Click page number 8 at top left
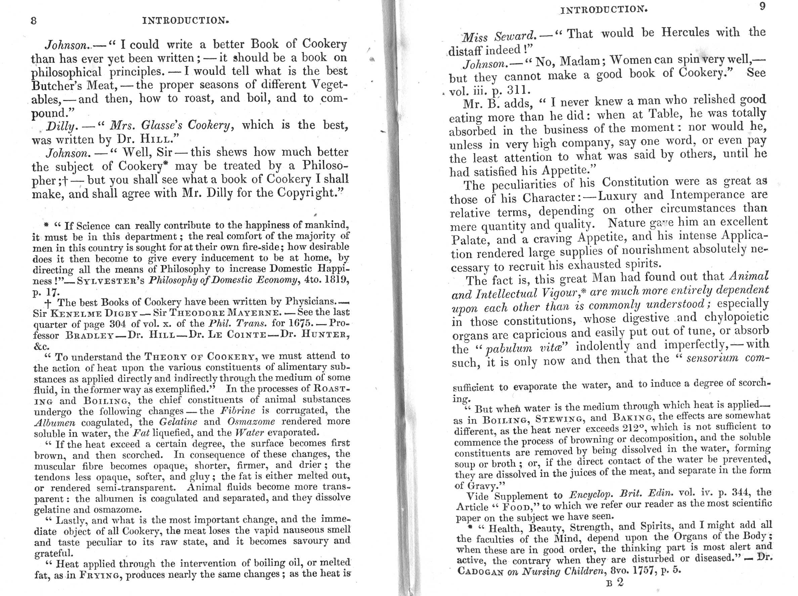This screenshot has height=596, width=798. (x=34, y=20)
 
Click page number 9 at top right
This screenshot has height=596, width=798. (x=762, y=6)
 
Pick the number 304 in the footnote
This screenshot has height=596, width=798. (x=118, y=324)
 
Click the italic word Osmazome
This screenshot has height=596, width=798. (x=251, y=421)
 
